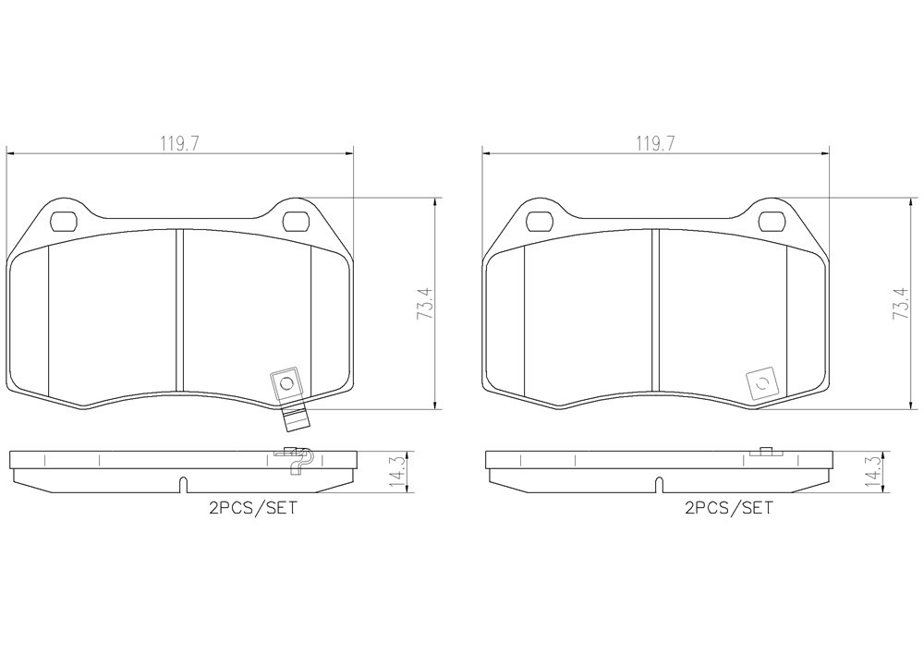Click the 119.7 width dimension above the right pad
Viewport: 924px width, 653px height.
click(655, 143)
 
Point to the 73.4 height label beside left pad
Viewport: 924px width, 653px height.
click(425, 303)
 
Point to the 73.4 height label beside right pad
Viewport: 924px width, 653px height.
click(901, 303)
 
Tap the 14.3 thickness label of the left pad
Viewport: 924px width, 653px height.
click(397, 472)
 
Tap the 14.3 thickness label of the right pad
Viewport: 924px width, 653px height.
click(873, 472)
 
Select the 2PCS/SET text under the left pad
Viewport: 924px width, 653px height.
click(253, 508)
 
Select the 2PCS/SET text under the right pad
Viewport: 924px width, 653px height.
click(729, 508)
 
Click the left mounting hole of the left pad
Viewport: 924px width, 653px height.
click(65, 222)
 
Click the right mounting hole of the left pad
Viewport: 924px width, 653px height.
click(297, 222)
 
